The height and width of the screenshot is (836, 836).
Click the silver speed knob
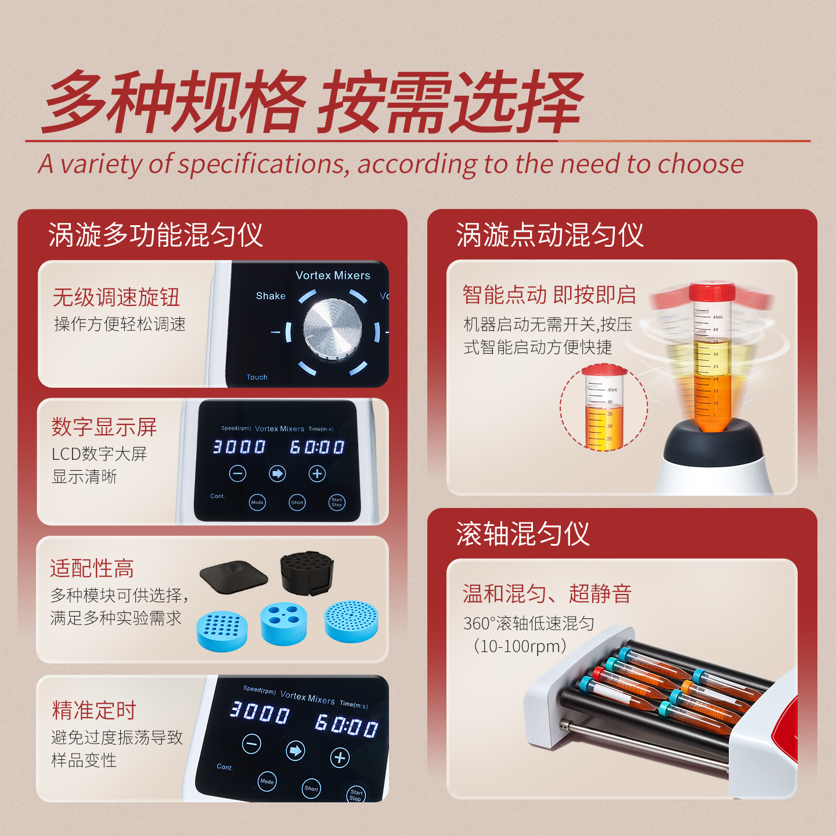pos(332,329)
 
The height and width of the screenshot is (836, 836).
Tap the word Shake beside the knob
pos(271,296)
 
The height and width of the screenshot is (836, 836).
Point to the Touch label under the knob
pos(257,377)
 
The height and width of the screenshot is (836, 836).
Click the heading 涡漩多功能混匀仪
pos(156,235)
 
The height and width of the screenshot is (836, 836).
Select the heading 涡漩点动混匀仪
pos(550,235)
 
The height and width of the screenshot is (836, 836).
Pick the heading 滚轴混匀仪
pos(522,533)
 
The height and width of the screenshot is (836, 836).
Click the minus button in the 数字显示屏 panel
pos(238,473)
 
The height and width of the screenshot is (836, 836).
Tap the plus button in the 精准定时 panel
pos(340,758)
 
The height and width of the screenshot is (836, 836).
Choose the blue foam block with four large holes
pos(284,624)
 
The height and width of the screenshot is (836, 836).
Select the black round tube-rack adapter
pos(307,572)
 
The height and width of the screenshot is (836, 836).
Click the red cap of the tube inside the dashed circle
pos(604,370)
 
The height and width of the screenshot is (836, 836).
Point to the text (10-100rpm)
pos(520,646)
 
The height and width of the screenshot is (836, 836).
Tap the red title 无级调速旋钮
pos(116,297)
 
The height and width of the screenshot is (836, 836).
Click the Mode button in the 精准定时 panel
pos(267,781)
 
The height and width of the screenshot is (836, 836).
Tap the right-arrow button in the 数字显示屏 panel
pos(278,473)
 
